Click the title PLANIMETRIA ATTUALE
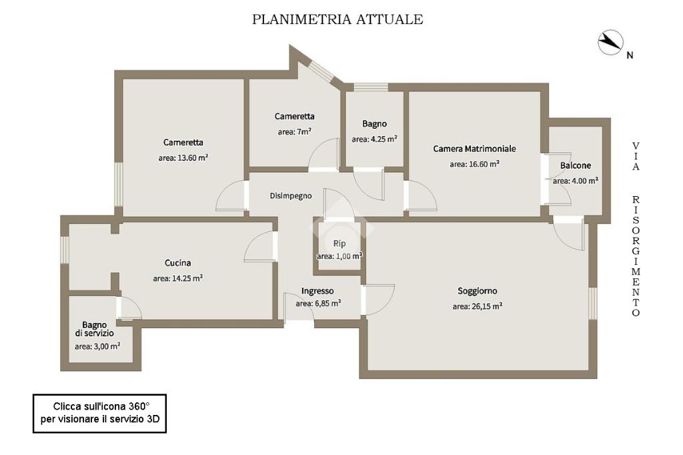click(337, 19)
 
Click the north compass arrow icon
click(610, 43)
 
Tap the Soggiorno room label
click(477, 291)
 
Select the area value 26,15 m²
click(477, 306)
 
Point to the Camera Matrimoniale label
click(474, 149)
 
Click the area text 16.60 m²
click(474, 163)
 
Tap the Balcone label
click(575, 165)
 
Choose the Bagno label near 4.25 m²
click(374, 124)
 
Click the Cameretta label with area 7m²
click(294, 116)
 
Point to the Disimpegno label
click(291, 196)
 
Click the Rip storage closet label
click(339, 244)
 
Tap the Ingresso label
click(317, 291)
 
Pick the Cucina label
click(178, 263)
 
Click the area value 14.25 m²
click(178, 278)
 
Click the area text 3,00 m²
click(97, 346)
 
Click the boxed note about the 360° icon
click(100, 413)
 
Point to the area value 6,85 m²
click(319, 303)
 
